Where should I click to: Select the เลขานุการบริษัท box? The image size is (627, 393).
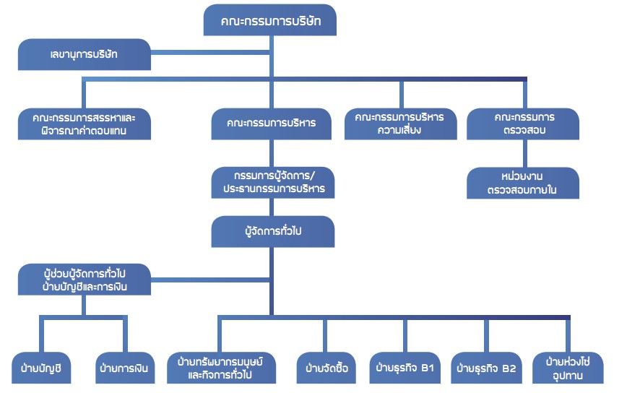(x=85, y=53)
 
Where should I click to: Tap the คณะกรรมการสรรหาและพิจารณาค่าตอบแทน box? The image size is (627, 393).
(x=85, y=124)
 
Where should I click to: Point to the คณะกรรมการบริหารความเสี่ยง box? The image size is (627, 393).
(x=400, y=124)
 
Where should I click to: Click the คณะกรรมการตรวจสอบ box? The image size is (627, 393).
(x=523, y=124)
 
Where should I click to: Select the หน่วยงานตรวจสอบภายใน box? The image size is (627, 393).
(x=523, y=183)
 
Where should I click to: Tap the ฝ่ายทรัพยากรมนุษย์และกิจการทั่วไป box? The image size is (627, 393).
(x=220, y=368)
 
